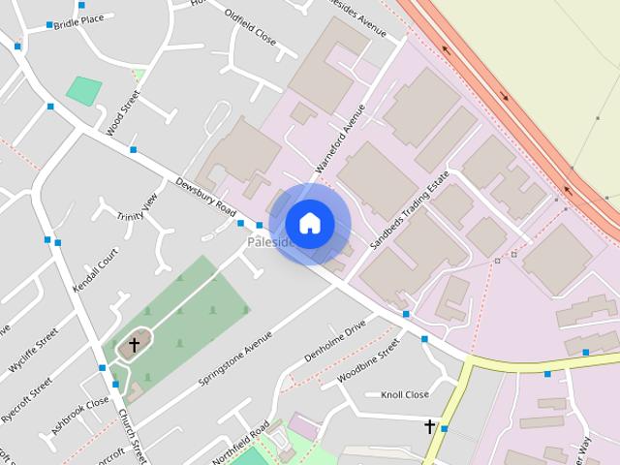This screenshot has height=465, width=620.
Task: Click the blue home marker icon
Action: point(309,224)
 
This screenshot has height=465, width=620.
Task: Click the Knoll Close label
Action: point(404,395)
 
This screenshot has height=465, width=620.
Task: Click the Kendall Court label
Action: point(99,271)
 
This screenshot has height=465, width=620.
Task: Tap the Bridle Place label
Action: point(78,20)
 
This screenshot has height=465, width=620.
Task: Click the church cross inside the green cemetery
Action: point(134,343)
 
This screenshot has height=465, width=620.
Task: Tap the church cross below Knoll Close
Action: point(429,425)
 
